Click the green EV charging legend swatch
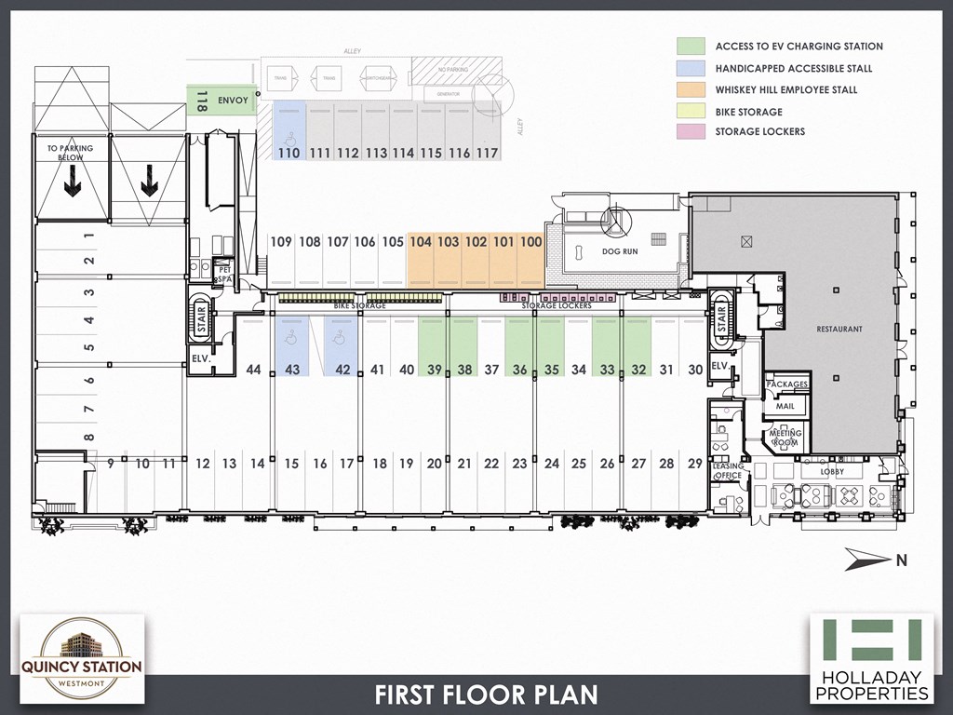(x=690, y=46)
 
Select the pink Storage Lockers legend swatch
(x=690, y=131)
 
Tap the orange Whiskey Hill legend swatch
(x=690, y=89)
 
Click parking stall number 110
(x=289, y=153)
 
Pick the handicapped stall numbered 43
(x=291, y=369)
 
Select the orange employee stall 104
(x=421, y=242)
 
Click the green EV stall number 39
(x=434, y=369)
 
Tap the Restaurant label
(x=839, y=330)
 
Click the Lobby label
(x=832, y=472)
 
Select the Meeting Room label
(x=785, y=438)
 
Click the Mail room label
(x=785, y=406)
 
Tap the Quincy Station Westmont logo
(x=82, y=657)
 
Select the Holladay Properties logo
(x=871, y=657)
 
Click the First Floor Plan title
(x=486, y=695)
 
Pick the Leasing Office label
(x=727, y=471)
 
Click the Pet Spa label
(x=223, y=275)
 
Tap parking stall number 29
(x=694, y=464)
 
